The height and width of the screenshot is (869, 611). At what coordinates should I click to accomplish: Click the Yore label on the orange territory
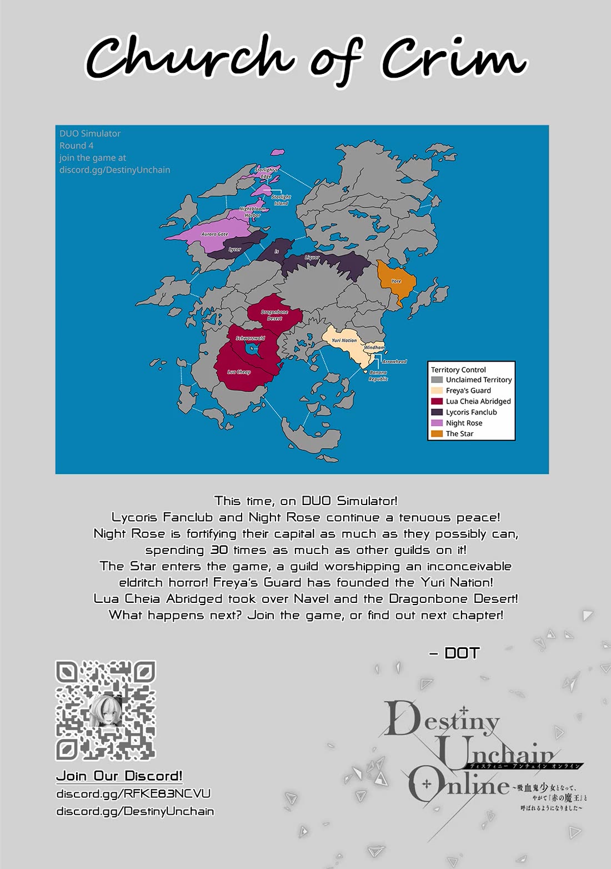tap(396, 281)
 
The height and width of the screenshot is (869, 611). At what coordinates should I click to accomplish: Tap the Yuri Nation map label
tap(344, 341)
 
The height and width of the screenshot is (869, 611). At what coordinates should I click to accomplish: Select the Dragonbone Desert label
tap(274, 315)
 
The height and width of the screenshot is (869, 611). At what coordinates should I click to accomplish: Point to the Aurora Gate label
tap(215, 234)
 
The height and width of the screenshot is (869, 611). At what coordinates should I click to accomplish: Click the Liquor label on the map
tap(312, 258)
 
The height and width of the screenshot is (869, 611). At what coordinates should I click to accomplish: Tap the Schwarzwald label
tap(251, 338)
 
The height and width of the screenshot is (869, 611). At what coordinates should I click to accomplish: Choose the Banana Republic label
tap(378, 376)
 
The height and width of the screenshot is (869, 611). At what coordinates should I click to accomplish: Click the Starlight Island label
tap(281, 200)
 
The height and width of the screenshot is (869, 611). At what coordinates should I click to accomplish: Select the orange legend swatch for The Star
tap(437, 433)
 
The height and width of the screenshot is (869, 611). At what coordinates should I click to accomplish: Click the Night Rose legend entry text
tap(464, 423)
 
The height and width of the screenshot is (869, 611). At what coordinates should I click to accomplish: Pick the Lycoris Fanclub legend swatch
tap(437, 412)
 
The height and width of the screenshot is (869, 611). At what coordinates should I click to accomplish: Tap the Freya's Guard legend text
tap(468, 391)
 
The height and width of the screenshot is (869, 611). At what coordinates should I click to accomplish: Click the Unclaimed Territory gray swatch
tap(437, 380)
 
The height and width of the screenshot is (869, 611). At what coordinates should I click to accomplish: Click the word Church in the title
tap(189, 57)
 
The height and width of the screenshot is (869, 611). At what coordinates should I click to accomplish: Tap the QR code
tap(106, 711)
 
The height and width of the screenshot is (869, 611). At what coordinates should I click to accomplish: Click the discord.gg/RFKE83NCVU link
tap(133, 793)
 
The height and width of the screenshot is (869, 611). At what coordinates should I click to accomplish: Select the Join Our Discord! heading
tap(119, 776)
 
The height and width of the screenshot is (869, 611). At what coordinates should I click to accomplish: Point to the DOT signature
tap(462, 653)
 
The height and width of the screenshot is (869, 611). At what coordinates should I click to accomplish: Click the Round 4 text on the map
tap(77, 146)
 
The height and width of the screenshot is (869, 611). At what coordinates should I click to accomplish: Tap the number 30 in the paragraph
tap(219, 550)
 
